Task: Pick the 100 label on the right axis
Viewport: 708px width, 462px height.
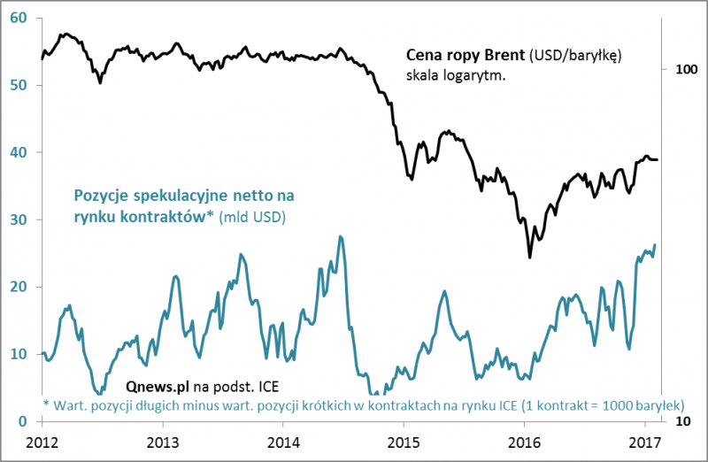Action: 687,69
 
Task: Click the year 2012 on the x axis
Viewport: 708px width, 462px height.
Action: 42,441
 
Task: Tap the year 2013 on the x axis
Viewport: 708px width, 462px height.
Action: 162,441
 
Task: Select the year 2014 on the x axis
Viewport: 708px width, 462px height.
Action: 282,441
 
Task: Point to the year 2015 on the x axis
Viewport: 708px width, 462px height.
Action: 403,441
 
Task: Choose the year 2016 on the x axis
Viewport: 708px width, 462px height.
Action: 523,441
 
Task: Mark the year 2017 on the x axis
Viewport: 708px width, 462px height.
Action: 643,441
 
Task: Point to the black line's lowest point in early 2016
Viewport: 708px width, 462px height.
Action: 530,257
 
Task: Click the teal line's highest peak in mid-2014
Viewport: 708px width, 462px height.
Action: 340,236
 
